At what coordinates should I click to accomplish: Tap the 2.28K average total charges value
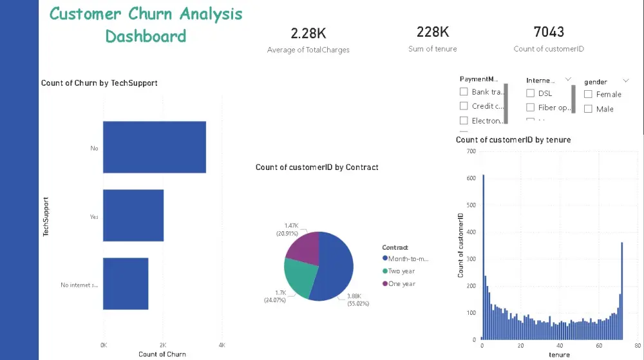coord(308,33)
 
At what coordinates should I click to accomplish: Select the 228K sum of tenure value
coord(432,32)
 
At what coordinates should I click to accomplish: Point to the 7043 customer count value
coord(549,32)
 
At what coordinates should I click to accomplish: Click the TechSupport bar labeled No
coord(154,147)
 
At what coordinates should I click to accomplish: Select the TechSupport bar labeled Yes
coord(133,215)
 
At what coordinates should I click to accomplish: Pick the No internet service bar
coord(126,283)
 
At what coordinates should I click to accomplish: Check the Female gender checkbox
coord(588,94)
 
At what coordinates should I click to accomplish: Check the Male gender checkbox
coord(588,109)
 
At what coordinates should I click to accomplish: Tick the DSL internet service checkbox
coord(531,93)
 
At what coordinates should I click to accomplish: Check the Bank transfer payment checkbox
coord(464,92)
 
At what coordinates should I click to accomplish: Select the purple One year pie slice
coord(303,249)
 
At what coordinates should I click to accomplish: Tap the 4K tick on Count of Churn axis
coord(222,345)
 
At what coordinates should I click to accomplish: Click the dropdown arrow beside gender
coord(626,81)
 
